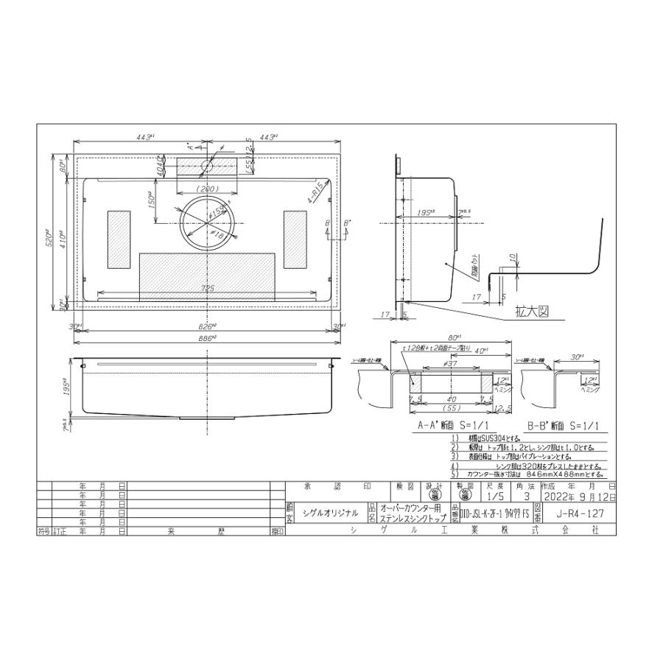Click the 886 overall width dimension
coord(208,337)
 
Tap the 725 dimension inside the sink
coord(207,290)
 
